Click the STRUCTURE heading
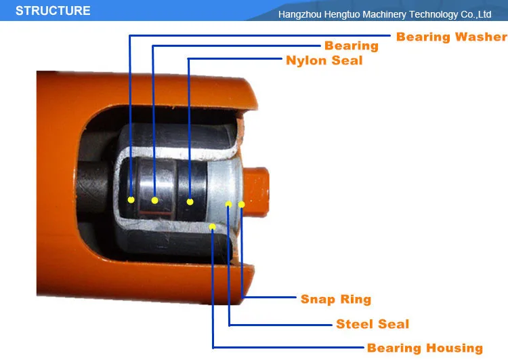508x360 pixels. click(53, 11)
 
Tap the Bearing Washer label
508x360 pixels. click(452, 37)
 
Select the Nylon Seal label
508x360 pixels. click(324, 60)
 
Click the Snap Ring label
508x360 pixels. click(336, 299)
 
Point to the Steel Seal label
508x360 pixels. click(373, 323)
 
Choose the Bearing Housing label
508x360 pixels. click(425, 348)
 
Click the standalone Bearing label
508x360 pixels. click(352, 45)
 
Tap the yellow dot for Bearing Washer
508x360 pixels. click(131, 200)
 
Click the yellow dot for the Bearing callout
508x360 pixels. click(155, 201)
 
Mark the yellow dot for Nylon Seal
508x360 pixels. click(190, 202)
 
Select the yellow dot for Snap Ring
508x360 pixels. click(241, 204)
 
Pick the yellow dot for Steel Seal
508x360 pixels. click(229, 204)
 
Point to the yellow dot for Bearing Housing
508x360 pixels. click(212, 226)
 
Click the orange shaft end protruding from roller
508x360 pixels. click(256, 191)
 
